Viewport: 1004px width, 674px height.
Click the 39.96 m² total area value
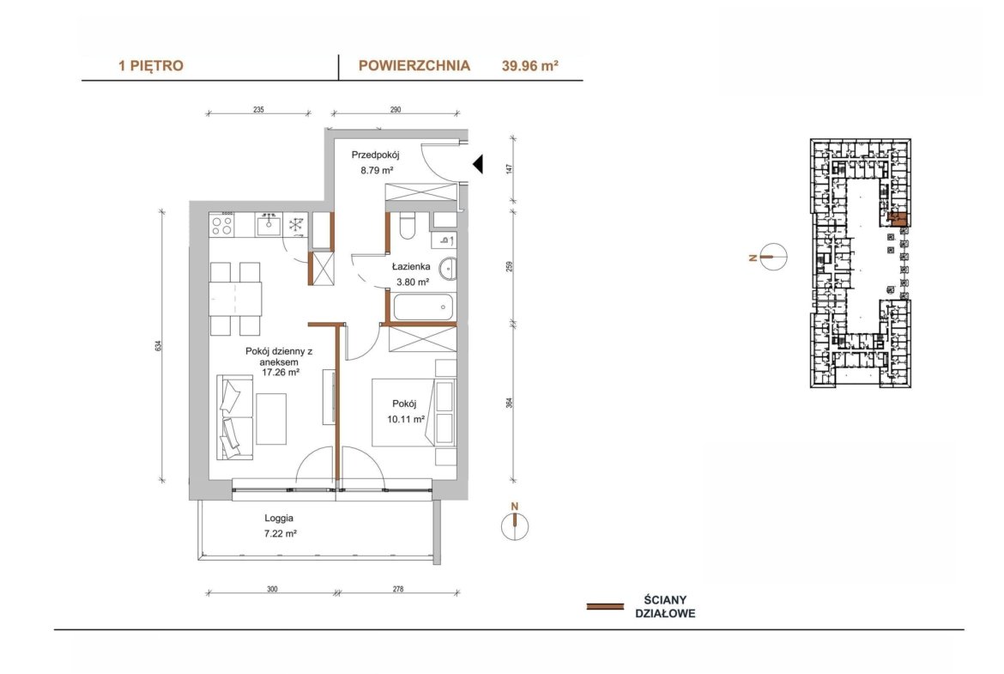pyautogui.click(x=530, y=65)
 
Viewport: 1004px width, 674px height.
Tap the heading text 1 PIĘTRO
pyautogui.click(x=151, y=65)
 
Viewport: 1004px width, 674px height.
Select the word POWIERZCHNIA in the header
pyautogui.click(x=414, y=65)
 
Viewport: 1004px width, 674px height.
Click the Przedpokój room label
pyautogui.click(x=375, y=155)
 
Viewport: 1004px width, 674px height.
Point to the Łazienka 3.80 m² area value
pyautogui.click(x=413, y=282)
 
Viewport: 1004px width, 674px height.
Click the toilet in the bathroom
pyautogui.click(x=408, y=226)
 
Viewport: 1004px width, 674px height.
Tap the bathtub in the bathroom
pyautogui.click(x=423, y=307)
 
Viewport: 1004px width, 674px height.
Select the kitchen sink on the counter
pyautogui.click(x=269, y=224)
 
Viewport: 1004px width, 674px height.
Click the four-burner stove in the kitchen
pyautogui.click(x=222, y=224)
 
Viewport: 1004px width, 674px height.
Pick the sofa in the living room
pyautogui.click(x=234, y=417)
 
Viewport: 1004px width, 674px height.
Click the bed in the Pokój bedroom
pyautogui.click(x=414, y=412)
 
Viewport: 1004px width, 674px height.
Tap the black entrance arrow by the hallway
pyautogui.click(x=478, y=165)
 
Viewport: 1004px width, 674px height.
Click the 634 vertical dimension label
pyautogui.click(x=158, y=345)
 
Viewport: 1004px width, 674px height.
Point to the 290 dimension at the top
pyautogui.click(x=396, y=110)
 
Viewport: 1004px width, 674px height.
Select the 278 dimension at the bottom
pyautogui.click(x=398, y=589)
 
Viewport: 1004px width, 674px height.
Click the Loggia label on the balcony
pyautogui.click(x=279, y=518)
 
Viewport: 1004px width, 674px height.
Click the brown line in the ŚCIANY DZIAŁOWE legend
pyautogui.click(x=605, y=606)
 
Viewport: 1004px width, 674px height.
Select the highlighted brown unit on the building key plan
pyautogui.click(x=899, y=219)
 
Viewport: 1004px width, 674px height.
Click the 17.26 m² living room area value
pyautogui.click(x=281, y=372)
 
